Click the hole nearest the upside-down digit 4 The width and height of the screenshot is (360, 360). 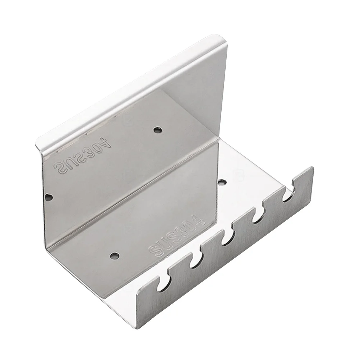click(x=156, y=129)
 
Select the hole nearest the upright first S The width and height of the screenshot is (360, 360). click(x=115, y=256)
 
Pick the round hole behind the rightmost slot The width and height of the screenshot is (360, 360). click(x=222, y=181)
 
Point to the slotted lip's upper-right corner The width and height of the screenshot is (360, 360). click(x=311, y=168)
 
